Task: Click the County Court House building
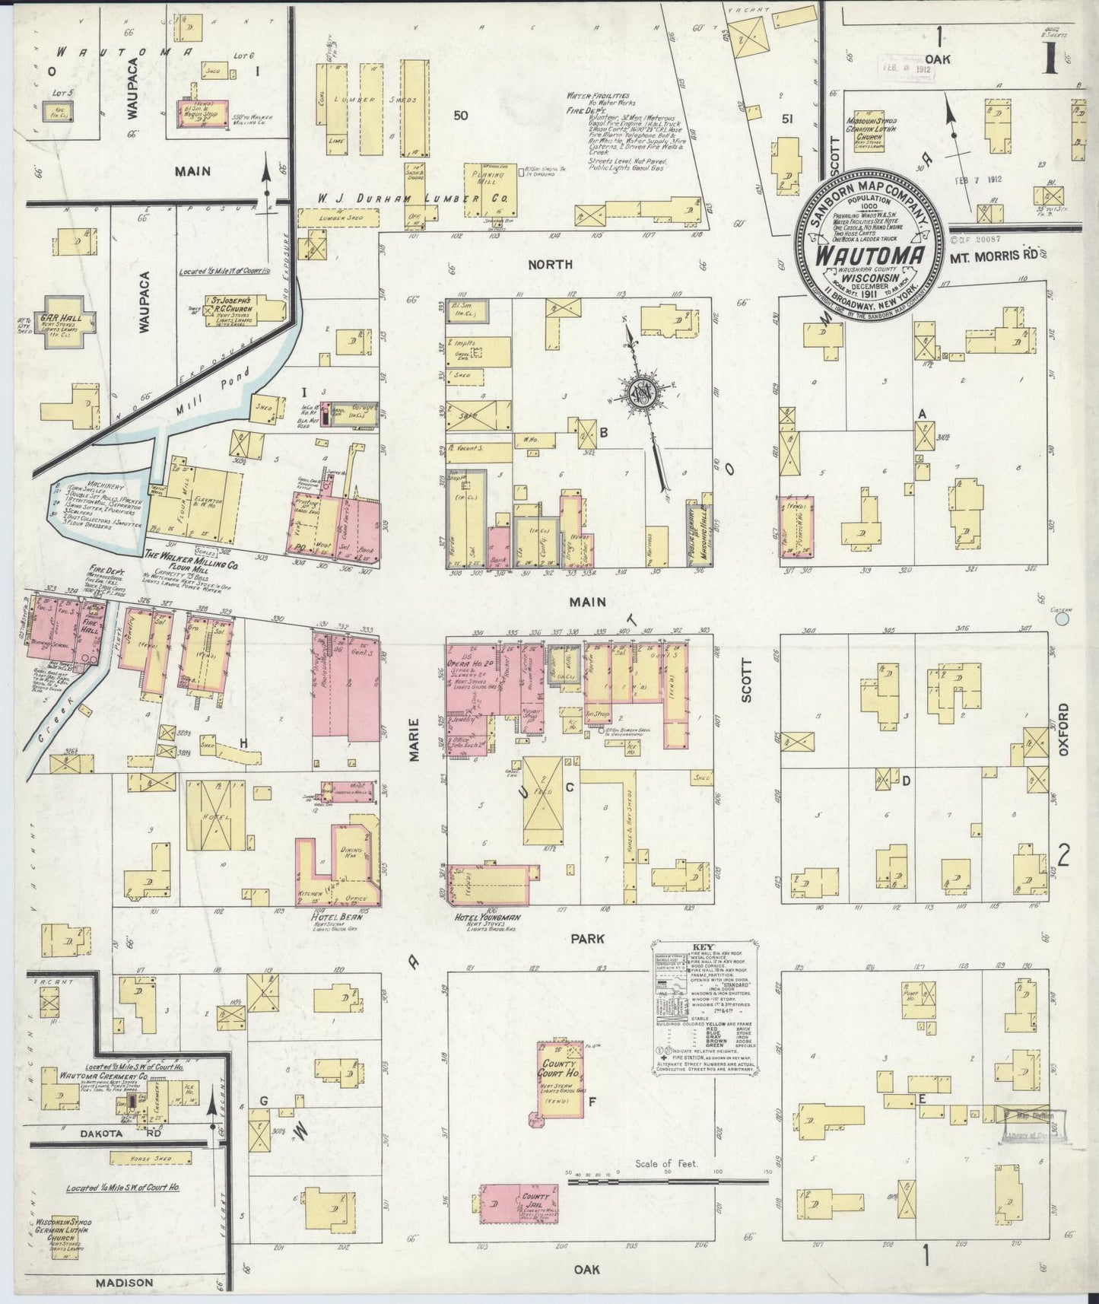561,1080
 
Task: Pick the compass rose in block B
640,393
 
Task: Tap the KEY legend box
704,1009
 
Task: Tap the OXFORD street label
1062,729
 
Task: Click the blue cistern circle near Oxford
1062,620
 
